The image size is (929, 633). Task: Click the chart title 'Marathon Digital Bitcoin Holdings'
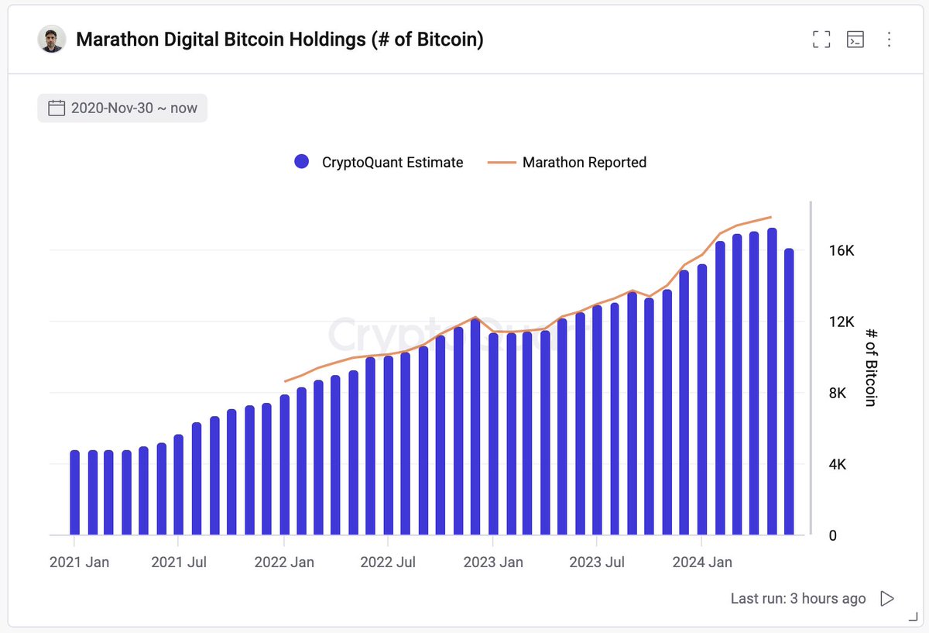[279, 40]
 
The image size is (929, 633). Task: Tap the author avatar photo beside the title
[51, 40]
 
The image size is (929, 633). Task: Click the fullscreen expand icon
[821, 40]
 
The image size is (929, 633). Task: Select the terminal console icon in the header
[855, 40]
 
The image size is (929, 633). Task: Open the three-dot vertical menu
[889, 40]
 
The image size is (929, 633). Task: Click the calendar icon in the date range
[57, 108]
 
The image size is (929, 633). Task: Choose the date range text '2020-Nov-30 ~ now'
[134, 108]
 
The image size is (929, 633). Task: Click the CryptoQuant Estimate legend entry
[379, 162]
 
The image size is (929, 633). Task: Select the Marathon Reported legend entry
[567, 162]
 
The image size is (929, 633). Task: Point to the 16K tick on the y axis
[840, 251]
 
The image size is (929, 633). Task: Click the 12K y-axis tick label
[840, 322]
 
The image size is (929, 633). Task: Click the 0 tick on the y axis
[832, 536]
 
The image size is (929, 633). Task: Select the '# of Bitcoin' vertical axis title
[871, 366]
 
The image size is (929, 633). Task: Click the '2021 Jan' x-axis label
[79, 562]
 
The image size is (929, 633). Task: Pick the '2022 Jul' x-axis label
[389, 562]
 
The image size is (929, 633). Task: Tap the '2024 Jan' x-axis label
[701, 562]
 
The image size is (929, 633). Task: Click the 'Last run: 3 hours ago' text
[798, 598]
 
